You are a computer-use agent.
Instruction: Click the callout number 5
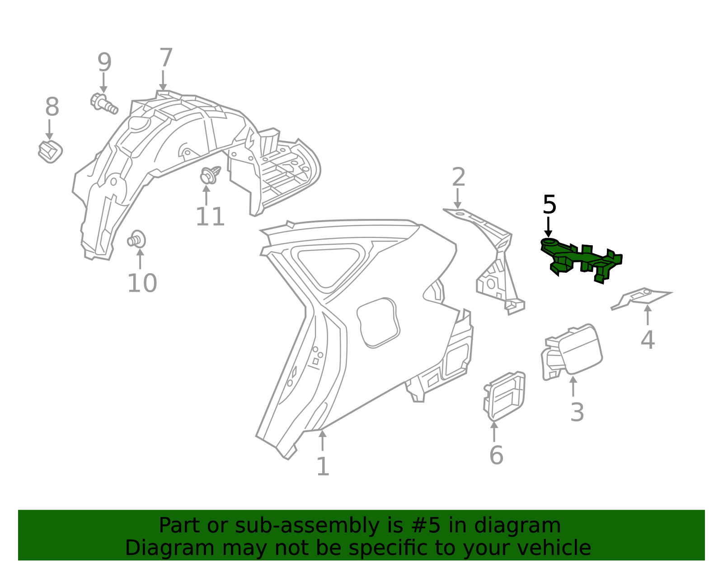tap(549, 205)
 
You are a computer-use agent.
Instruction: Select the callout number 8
tap(52, 108)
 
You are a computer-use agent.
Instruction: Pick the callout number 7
tap(166, 58)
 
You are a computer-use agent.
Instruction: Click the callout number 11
tap(210, 217)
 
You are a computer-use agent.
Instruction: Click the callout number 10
tap(142, 283)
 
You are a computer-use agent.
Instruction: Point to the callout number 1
tap(323, 467)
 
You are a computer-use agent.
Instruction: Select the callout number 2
tap(458, 177)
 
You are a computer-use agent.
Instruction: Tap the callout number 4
tap(648, 340)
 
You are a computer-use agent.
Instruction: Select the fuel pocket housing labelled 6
tap(505, 396)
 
